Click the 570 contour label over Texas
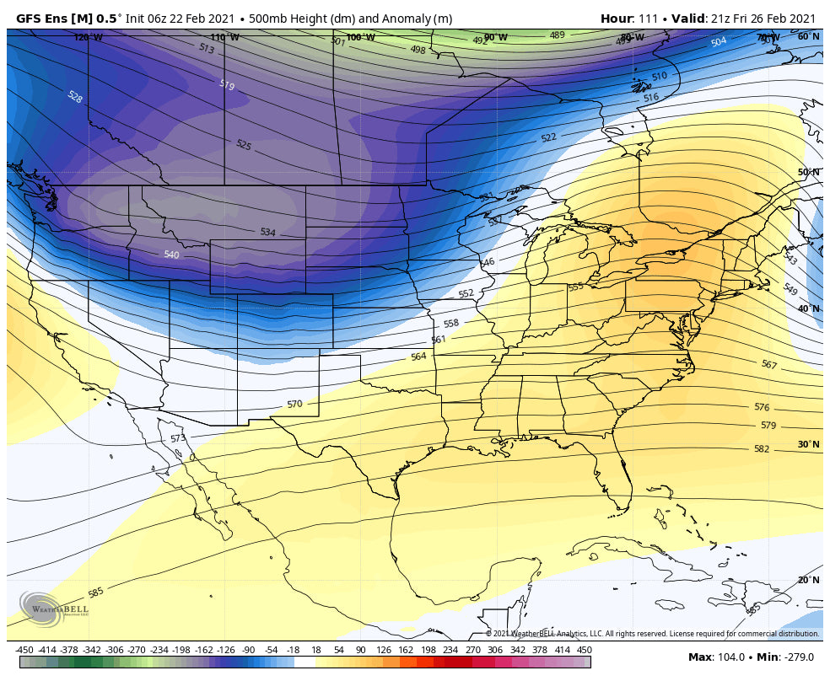click(294, 405)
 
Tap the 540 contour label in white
click(171, 255)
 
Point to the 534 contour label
click(267, 232)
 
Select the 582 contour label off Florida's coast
click(762, 449)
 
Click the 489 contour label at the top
click(557, 35)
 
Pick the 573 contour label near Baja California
click(177, 438)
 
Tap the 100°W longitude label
click(360, 37)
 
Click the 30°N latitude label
click(808, 444)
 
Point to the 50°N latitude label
click(808, 172)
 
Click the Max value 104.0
click(730, 657)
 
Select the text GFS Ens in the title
click(42, 19)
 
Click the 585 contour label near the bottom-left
click(96, 593)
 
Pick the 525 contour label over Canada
click(243, 146)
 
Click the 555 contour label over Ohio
click(575, 287)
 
